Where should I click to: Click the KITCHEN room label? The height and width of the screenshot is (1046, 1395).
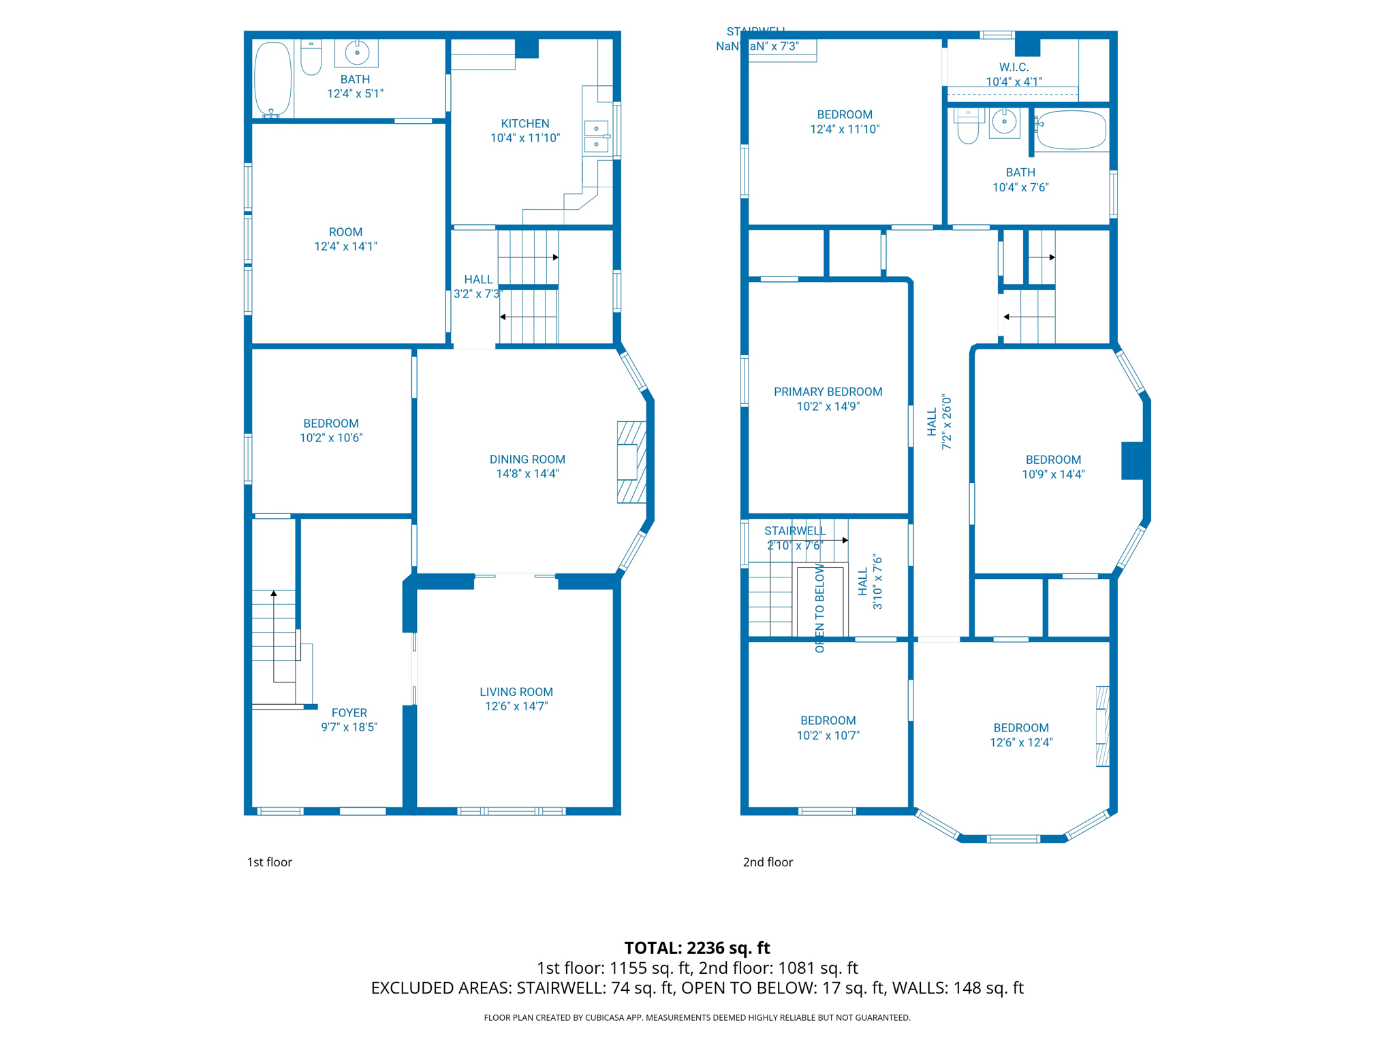(524, 123)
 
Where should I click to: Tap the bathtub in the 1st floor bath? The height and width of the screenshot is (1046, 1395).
(272, 80)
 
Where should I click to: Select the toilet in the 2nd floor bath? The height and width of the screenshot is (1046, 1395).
(968, 127)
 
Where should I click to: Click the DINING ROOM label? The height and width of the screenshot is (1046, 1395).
(527, 459)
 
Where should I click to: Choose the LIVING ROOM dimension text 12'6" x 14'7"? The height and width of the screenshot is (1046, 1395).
(516, 706)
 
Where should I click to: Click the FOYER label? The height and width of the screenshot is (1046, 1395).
(349, 712)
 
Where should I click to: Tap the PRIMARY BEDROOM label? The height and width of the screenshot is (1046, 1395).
(828, 392)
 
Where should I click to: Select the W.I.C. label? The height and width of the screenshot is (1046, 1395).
(1014, 67)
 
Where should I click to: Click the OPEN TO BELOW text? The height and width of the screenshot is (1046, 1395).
(819, 607)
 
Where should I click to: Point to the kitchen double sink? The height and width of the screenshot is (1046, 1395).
(596, 136)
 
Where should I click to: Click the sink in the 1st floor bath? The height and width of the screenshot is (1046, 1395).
(356, 52)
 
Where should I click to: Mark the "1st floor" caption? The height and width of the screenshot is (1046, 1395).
(269, 862)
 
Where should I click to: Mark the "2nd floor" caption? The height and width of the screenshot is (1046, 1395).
(768, 862)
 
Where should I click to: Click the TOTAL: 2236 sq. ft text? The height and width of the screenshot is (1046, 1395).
(697, 948)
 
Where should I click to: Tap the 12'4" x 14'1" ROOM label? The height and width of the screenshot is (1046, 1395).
(345, 232)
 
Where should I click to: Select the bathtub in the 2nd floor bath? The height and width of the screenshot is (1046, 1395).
(1071, 130)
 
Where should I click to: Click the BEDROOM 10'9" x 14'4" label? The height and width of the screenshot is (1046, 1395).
(1052, 460)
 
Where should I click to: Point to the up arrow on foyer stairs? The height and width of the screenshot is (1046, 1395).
(274, 594)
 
